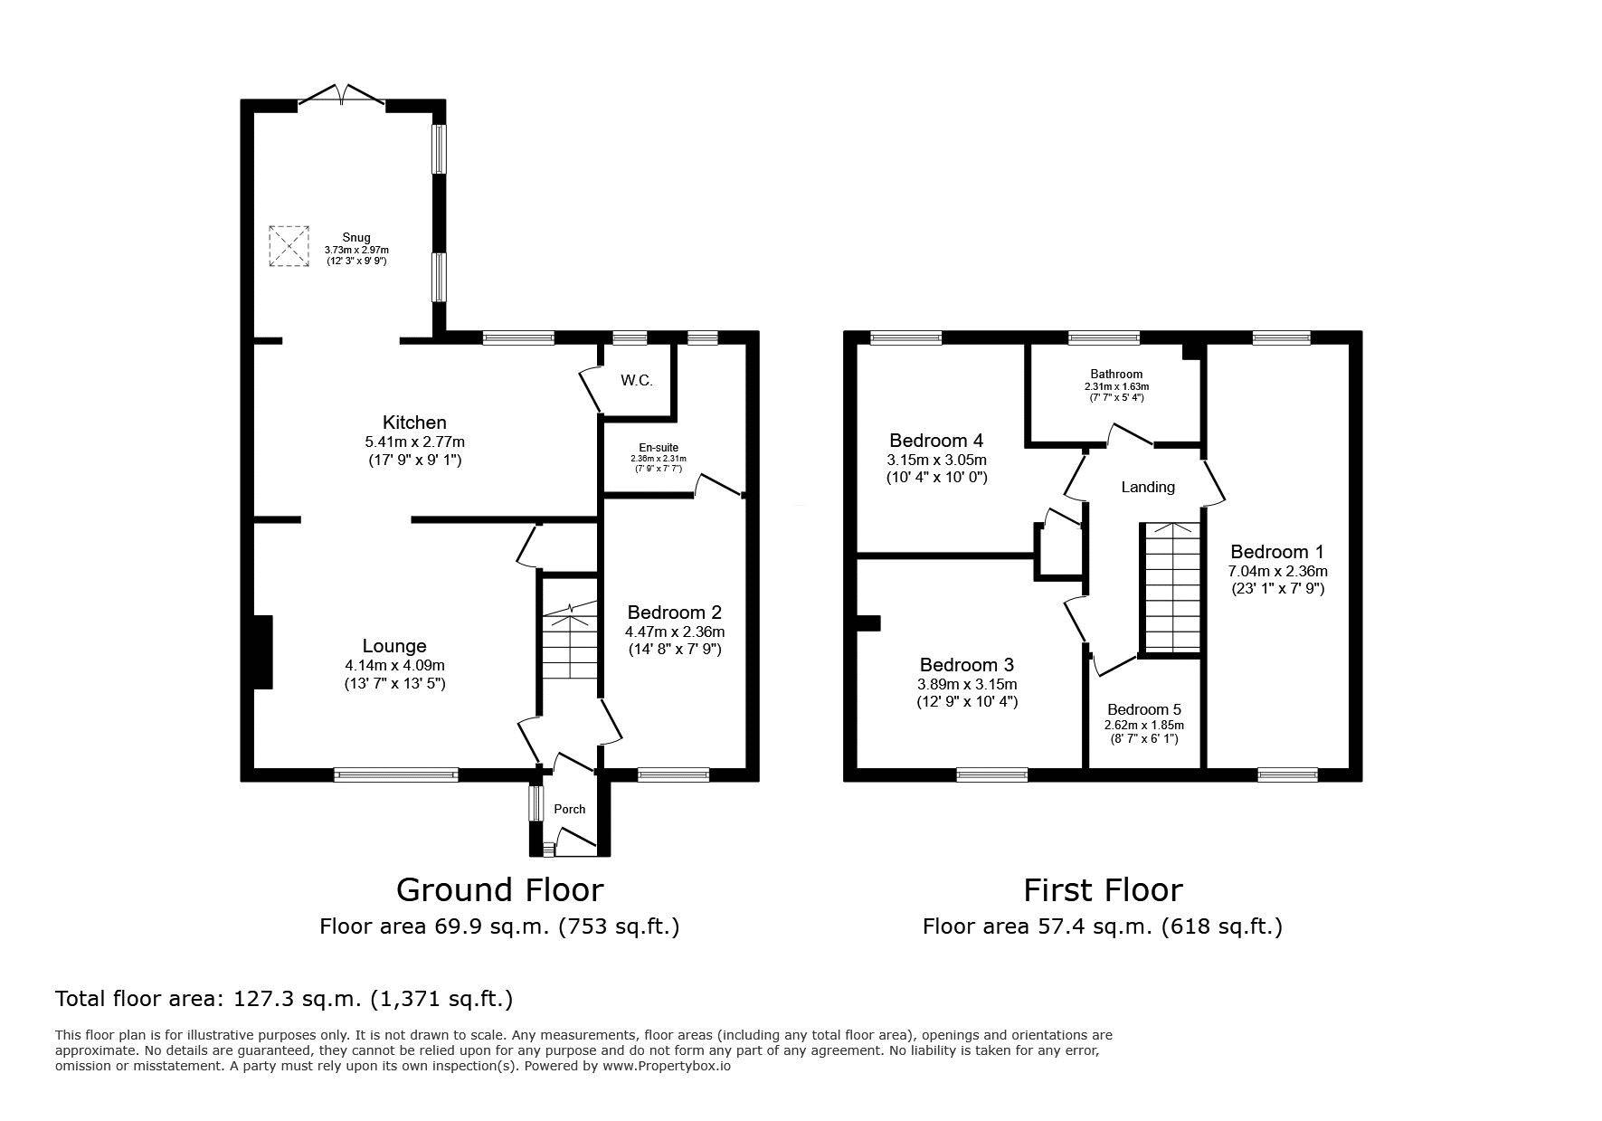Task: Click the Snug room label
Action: (356, 238)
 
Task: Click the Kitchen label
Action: (414, 423)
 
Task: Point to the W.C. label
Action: (637, 380)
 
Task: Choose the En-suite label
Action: (659, 447)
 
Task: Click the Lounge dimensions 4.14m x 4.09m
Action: (394, 665)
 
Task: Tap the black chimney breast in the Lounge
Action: (263, 652)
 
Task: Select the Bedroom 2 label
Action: (675, 613)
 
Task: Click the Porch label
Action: (570, 809)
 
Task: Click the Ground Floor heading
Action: (499, 890)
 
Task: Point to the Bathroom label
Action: (1116, 374)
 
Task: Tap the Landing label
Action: (1148, 487)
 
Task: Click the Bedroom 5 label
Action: (1144, 709)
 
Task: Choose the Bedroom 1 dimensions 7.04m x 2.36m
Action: (1277, 571)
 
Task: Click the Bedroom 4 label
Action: (936, 441)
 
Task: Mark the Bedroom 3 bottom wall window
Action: (992, 774)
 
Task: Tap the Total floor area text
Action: (284, 999)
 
